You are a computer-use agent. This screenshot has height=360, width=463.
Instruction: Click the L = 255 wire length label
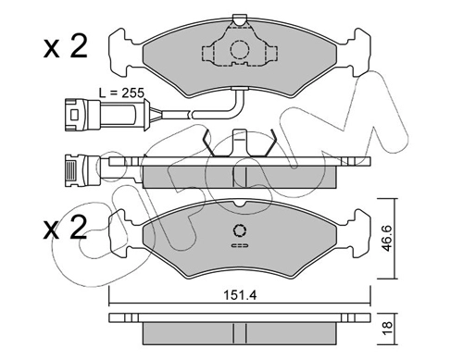pyautogui.click(x=121, y=93)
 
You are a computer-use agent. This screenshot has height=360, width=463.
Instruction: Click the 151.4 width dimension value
pyautogui.click(x=240, y=295)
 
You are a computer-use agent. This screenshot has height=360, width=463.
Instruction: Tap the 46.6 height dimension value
pyautogui.click(x=387, y=238)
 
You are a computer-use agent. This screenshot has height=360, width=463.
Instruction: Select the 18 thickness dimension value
pyautogui.click(x=387, y=329)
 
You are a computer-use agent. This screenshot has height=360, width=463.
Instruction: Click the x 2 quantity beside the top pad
pyautogui.click(x=66, y=47)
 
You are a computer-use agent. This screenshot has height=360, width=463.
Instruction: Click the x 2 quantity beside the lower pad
pyautogui.click(x=66, y=228)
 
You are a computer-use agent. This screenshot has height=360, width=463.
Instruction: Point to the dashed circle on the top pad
pyautogui.click(x=239, y=50)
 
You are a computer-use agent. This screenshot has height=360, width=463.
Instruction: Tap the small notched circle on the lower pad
pyautogui.click(x=240, y=230)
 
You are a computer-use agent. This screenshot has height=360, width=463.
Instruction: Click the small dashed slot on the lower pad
pyautogui.click(x=240, y=245)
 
